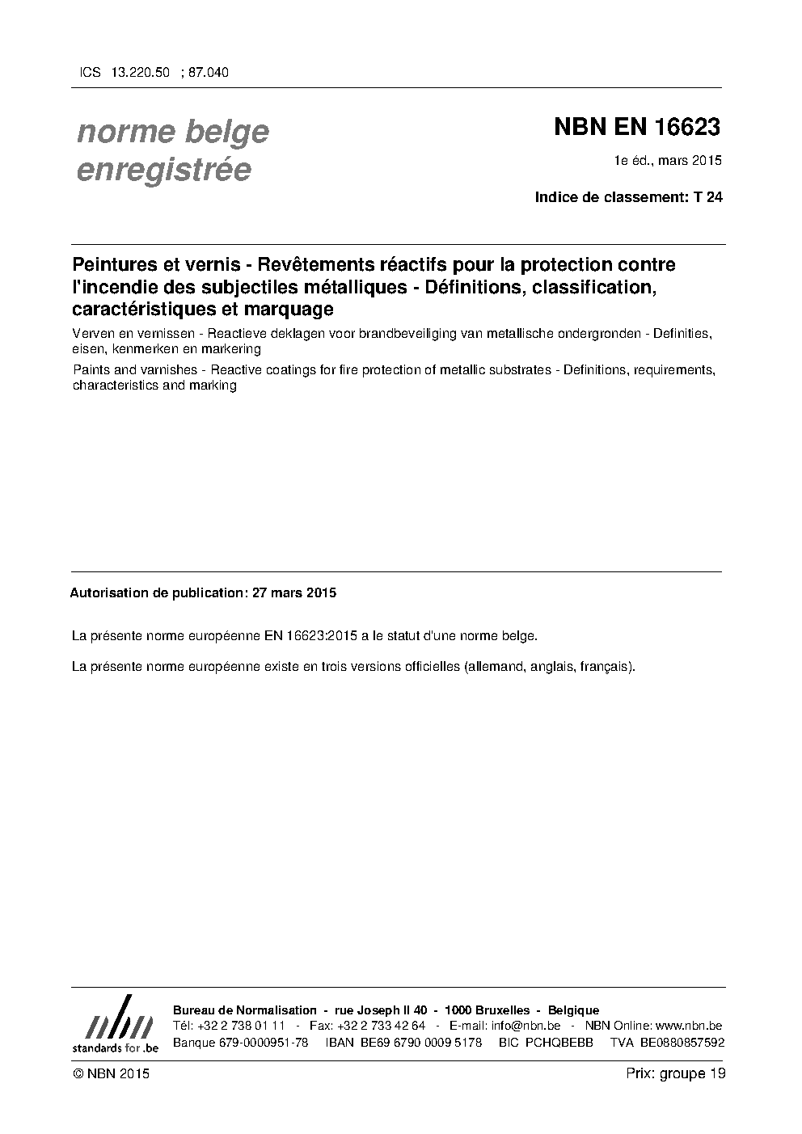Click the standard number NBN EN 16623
637,128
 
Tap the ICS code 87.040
209,73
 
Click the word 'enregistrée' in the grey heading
163,170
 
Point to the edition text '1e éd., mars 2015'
668,161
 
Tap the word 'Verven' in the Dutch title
91,334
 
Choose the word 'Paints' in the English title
90,370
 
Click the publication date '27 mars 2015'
293,592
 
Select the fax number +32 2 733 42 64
384,1026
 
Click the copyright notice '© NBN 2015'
111,1073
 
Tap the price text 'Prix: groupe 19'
675,1073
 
